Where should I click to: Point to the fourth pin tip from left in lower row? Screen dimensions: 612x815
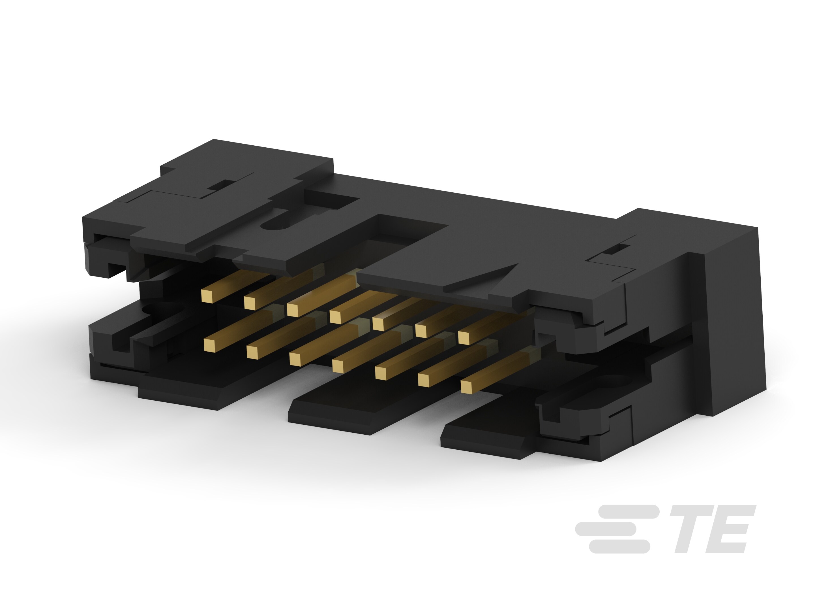click(338, 365)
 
